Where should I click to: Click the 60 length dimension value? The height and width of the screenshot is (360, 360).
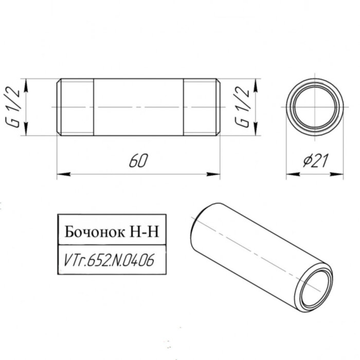137,161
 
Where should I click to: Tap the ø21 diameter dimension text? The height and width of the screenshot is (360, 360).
315,161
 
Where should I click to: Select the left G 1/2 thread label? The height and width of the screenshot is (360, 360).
15,107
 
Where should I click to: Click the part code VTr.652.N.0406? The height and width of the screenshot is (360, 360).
109,261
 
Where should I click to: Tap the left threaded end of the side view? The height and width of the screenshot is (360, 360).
75,107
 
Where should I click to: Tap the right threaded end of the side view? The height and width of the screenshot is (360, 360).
202,107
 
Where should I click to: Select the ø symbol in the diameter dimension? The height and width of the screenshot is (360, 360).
304,161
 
